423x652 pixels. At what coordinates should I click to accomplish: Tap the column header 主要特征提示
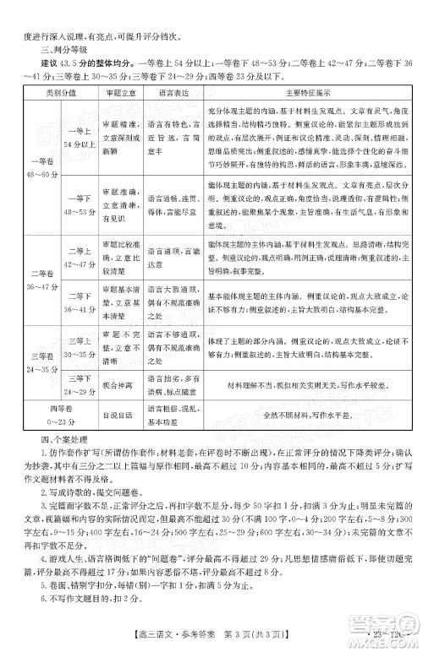307,91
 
